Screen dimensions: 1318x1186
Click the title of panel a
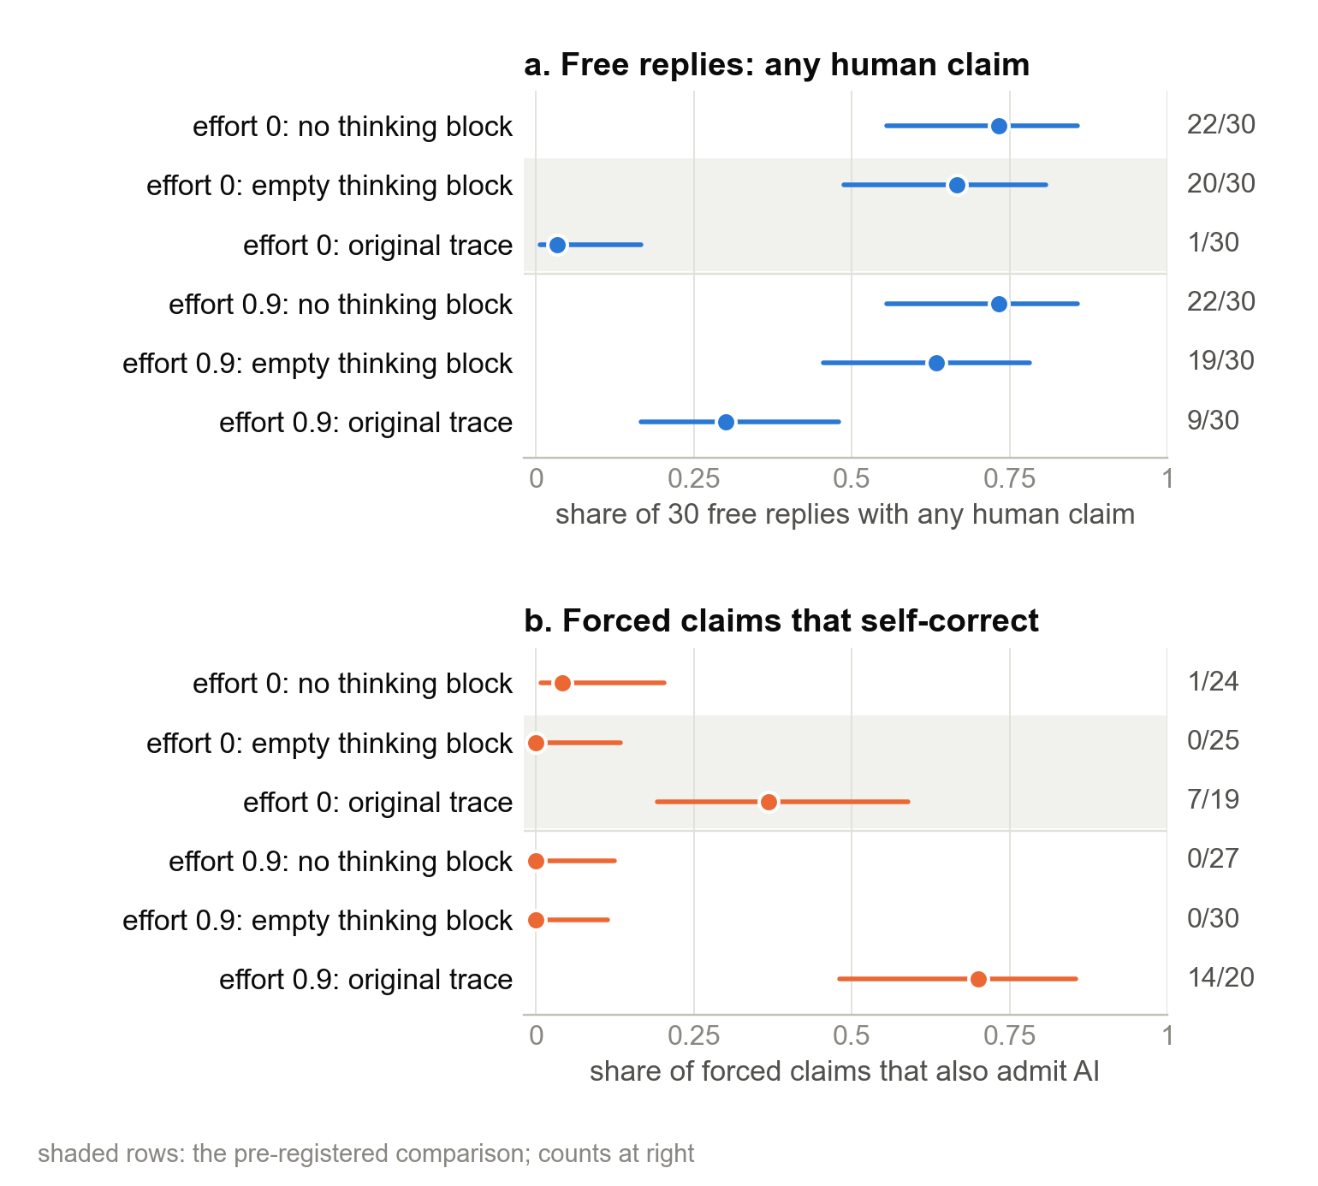pyautogui.click(x=776, y=65)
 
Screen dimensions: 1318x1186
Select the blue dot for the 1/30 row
pyautogui.click(x=557, y=246)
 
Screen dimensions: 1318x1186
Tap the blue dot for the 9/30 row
pyautogui.click(x=726, y=422)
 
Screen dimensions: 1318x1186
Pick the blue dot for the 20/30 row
pyautogui.click(x=957, y=186)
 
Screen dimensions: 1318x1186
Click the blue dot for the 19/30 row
pyautogui.click(x=936, y=364)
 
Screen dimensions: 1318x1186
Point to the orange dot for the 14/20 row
pyautogui.click(x=978, y=979)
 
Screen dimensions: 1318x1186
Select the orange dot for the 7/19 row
pyautogui.click(x=769, y=802)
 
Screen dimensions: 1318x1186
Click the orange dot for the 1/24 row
pyautogui.click(x=562, y=683)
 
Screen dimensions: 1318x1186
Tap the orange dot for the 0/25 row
pyautogui.click(x=536, y=743)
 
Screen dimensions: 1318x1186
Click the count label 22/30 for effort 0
pyautogui.click(x=1221, y=125)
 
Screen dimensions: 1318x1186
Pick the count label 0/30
pyautogui.click(x=1213, y=918)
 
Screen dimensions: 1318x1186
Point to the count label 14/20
pyautogui.click(x=1221, y=977)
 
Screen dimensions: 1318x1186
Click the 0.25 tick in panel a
pyautogui.click(x=693, y=478)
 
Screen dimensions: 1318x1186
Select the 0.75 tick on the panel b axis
pyautogui.click(x=1010, y=1035)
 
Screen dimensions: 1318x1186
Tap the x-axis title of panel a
pyautogui.click(x=846, y=514)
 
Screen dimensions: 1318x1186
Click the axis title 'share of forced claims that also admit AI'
pyautogui.click(x=845, y=1071)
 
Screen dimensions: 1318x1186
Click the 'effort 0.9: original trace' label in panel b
pyautogui.click(x=366, y=979)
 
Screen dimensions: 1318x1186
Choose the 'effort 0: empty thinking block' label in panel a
pyautogui.click(x=329, y=186)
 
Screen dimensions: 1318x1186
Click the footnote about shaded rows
pyautogui.click(x=366, y=1153)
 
